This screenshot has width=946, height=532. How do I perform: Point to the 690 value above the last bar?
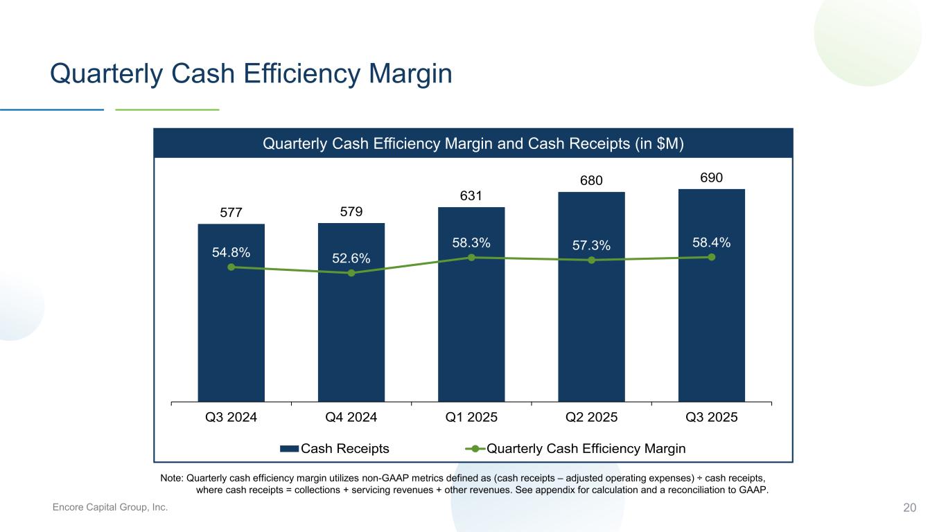712,178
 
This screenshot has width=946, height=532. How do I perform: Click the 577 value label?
231,213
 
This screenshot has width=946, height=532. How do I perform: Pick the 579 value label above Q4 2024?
351,211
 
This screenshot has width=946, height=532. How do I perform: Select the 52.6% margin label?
351,258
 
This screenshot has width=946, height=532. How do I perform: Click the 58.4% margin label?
711,242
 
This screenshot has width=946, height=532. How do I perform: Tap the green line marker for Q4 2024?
351,273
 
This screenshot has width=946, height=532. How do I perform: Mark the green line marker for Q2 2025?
591,260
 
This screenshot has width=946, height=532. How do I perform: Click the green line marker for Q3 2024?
231,267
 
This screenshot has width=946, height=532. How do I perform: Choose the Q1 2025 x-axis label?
471,417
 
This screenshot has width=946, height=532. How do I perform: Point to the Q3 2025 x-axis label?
712,417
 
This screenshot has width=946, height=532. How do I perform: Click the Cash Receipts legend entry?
335,448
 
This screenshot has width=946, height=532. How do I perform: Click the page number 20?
909,508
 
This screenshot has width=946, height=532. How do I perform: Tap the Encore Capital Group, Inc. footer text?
110,508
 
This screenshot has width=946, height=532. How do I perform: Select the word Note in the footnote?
171,478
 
